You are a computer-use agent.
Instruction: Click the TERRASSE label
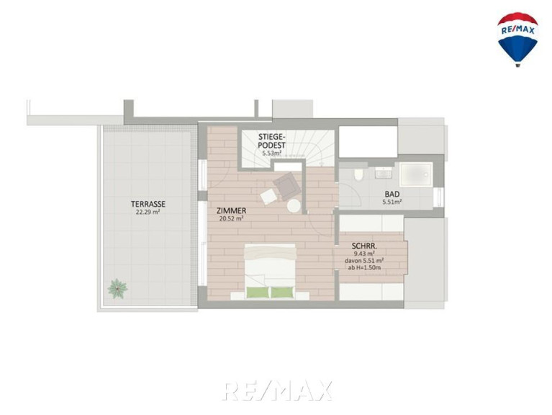(148, 204)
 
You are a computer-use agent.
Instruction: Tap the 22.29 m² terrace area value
(148, 212)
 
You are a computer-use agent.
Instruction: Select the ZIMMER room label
(231, 210)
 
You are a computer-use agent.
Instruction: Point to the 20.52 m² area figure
(231, 218)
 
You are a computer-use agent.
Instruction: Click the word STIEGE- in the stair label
(272, 137)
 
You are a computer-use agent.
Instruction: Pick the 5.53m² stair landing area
(271, 153)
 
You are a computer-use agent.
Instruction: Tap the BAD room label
(392, 194)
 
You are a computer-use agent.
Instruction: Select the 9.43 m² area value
(364, 254)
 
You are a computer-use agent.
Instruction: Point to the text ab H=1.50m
(364, 268)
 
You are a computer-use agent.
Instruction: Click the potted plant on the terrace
(117, 288)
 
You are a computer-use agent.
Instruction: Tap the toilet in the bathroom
(358, 174)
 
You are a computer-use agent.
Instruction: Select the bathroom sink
(383, 173)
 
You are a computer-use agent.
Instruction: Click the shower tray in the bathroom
(416, 174)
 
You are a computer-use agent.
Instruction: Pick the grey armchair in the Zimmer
(287, 186)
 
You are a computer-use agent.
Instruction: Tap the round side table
(294, 206)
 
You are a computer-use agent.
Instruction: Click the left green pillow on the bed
(258, 293)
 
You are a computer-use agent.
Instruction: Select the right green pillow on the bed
(282, 293)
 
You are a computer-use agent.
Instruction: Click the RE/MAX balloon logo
(517, 40)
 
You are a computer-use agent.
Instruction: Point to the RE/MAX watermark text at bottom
(277, 391)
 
